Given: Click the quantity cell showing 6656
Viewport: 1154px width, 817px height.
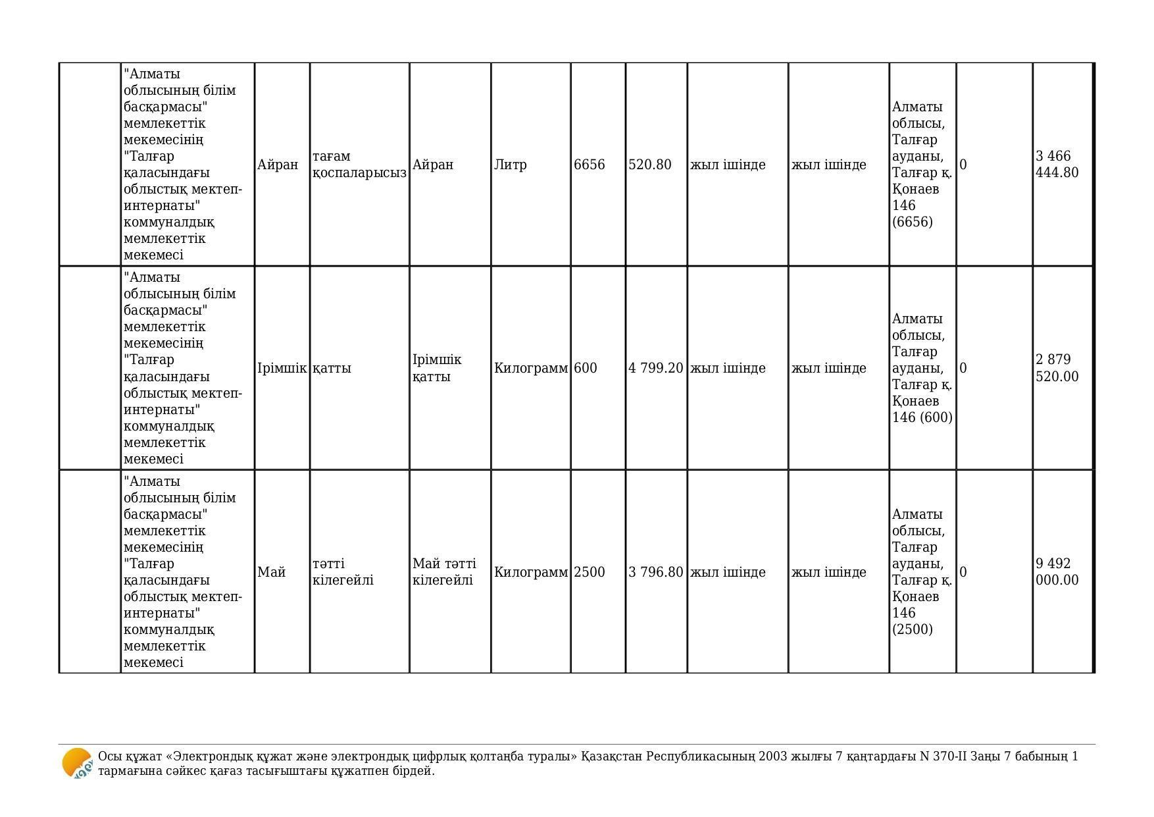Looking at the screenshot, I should coord(589,165).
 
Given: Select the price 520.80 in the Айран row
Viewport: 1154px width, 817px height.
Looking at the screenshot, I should coord(649,165).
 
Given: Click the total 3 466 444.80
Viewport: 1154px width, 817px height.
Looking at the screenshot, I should coord(1057,165).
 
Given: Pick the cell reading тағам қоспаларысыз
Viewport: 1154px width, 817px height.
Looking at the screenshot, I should coord(359,165).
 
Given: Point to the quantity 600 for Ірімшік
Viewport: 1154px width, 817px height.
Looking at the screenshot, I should coord(585,368).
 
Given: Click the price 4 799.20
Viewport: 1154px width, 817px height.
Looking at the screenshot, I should coord(655,368).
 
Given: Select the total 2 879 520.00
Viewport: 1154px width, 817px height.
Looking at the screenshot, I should coord(1057,368).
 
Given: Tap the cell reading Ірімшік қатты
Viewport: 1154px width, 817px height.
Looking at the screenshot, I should coord(437,368).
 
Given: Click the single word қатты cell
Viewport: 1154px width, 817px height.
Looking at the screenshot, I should coord(332,368).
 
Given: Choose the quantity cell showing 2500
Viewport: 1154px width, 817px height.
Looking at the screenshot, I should coord(589,572).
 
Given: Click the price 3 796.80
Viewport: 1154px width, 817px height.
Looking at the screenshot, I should coord(655,572).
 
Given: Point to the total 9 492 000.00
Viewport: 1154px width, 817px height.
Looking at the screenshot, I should coord(1057,572).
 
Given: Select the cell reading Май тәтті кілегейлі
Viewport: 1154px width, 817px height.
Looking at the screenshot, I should coord(444,572).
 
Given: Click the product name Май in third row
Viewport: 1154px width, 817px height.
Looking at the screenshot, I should coord(271,572).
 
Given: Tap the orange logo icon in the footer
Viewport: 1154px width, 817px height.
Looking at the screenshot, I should coord(77,764).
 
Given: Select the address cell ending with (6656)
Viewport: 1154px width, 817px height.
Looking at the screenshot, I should coord(922,165).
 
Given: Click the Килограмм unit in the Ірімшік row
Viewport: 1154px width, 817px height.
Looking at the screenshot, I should coord(530,368).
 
